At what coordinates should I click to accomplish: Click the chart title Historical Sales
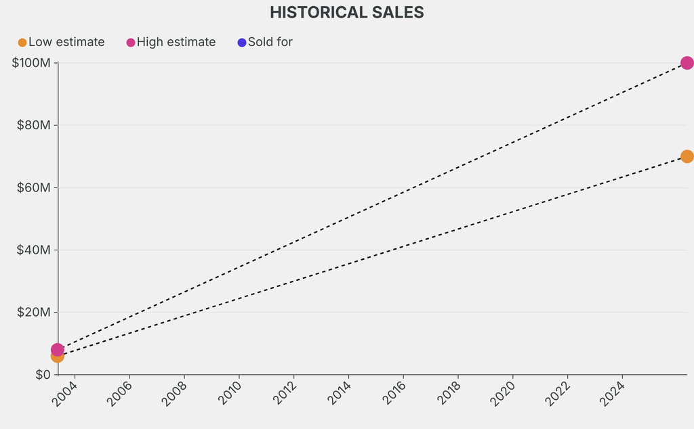click(346, 12)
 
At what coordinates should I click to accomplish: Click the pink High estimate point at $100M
click(687, 63)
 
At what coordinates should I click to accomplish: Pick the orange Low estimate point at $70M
click(687, 156)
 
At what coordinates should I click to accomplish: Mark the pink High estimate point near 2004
click(58, 349)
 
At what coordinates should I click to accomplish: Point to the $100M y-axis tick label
click(31, 63)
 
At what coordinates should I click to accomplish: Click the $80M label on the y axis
click(33, 125)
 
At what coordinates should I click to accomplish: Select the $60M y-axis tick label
click(33, 187)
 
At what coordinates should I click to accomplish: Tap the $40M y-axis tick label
click(33, 250)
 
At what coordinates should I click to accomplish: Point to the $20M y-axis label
click(33, 312)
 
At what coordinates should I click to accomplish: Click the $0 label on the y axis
click(41, 374)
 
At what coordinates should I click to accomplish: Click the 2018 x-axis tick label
click(449, 392)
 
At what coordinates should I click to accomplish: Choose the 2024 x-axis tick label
click(613, 392)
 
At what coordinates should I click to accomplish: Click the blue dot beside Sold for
click(242, 43)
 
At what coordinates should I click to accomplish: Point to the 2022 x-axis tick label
click(558, 392)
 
